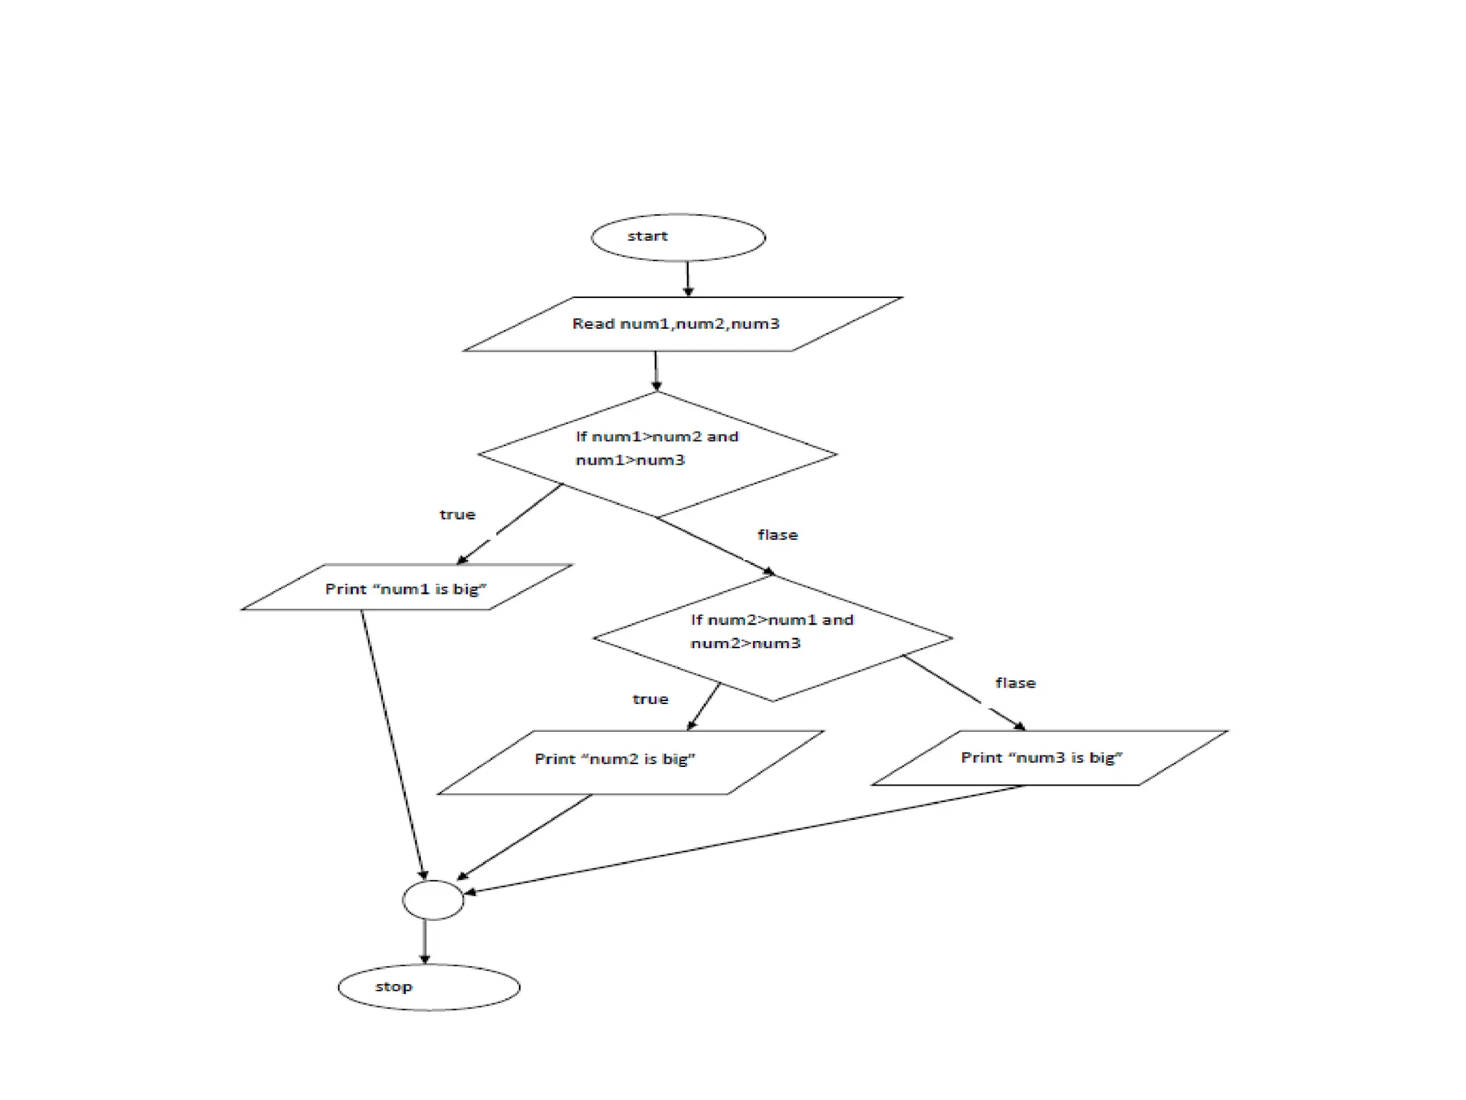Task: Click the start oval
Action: point(678,237)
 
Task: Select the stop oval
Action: point(429,987)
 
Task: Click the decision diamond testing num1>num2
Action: point(657,454)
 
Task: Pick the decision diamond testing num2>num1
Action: point(772,637)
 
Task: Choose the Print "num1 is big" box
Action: point(407,588)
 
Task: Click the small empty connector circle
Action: point(433,900)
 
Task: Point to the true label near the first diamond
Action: point(457,515)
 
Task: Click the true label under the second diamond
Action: point(650,699)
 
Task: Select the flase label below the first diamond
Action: point(777,535)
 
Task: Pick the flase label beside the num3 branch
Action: point(1015,683)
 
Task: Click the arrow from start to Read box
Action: point(688,279)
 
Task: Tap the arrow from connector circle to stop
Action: point(424,942)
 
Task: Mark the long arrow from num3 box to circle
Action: point(744,839)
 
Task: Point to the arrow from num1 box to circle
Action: point(393,745)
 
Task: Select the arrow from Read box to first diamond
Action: point(656,371)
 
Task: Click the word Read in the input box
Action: point(593,324)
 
